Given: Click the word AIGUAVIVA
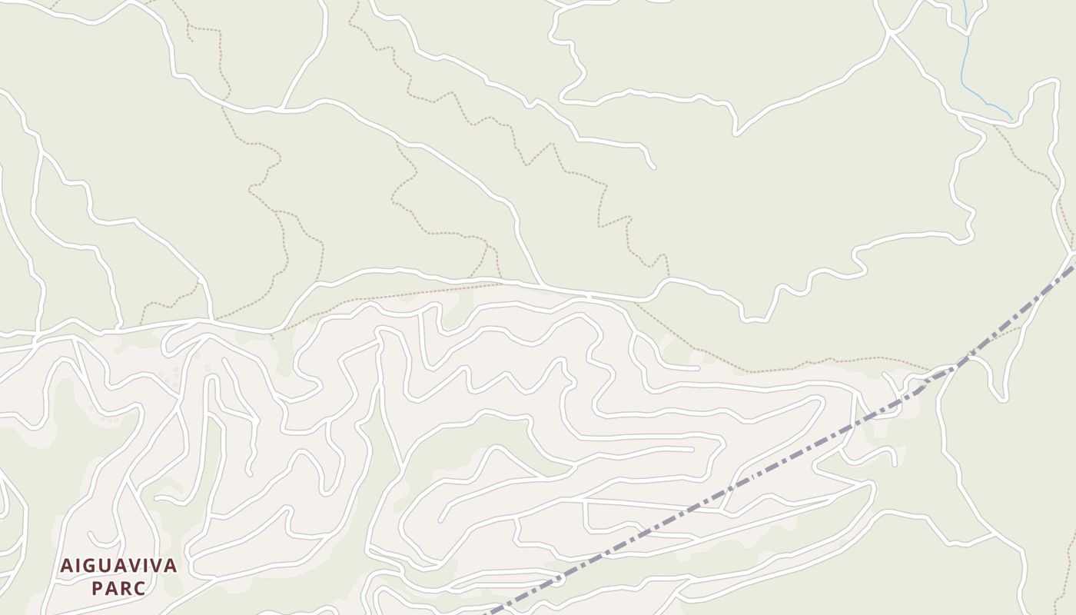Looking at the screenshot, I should (119, 567).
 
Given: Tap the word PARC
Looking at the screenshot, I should (118, 589).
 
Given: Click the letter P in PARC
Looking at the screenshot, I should (98, 589).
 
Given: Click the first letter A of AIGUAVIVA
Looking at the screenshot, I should (66, 567).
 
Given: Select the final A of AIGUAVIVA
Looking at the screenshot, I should (171, 567).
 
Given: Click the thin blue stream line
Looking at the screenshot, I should (964, 61).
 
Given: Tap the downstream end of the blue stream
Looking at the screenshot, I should (1011, 118).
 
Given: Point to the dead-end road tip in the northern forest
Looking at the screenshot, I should (653, 166).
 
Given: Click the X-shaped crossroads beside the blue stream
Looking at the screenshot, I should (890, 32).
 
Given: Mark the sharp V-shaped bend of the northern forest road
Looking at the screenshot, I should (736, 134).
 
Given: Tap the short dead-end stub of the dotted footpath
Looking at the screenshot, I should (190, 38).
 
